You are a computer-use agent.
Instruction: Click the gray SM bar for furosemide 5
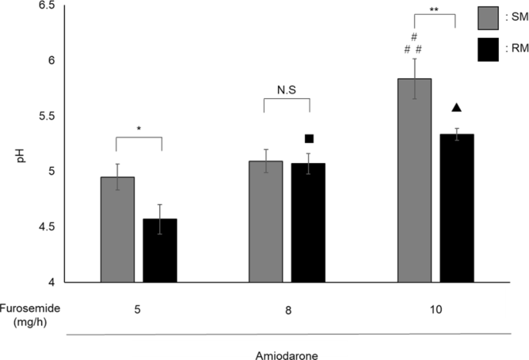(117, 229)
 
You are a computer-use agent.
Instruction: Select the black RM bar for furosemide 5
(160, 250)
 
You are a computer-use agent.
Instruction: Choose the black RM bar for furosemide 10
(456, 208)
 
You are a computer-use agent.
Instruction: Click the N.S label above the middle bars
(287, 89)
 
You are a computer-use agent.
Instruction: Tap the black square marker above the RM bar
(309, 139)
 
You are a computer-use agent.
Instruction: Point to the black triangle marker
(456, 108)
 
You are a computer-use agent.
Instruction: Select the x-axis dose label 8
(287, 307)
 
